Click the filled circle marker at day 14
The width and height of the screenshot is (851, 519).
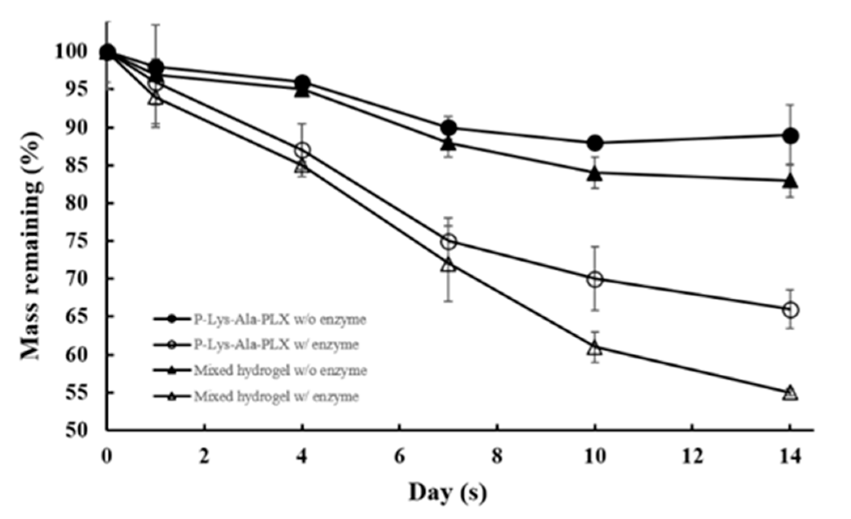[790, 136]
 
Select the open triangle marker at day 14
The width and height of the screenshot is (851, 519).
[790, 393]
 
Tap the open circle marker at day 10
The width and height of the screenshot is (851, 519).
[594, 279]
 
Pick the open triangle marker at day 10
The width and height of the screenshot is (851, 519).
[594, 348]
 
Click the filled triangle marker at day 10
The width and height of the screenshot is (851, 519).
[594, 173]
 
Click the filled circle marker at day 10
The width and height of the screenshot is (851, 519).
[594, 143]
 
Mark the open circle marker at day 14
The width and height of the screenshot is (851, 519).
[790, 310]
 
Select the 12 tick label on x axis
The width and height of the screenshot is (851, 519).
[692, 457]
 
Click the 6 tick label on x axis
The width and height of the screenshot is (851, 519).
[399, 457]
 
